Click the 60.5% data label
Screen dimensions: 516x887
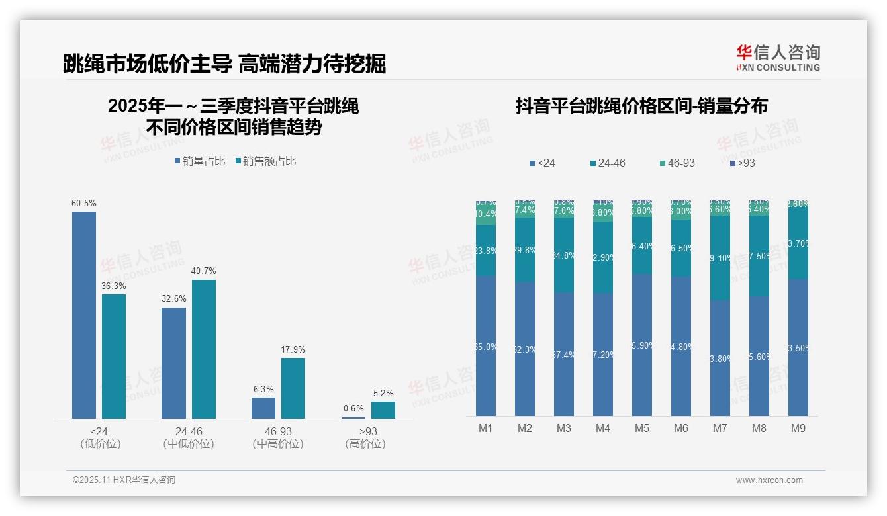(x=84, y=203)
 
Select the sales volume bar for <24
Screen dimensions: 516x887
(x=84, y=314)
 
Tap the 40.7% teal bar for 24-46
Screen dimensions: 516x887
(x=203, y=349)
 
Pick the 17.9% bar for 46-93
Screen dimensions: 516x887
(x=293, y=388)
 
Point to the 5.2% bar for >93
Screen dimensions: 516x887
(x=383, y=409)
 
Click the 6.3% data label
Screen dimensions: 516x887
(x=263, y=389)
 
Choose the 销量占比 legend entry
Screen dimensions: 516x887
(x=199, y=161)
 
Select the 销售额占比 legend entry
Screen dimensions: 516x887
(x=265, y=161)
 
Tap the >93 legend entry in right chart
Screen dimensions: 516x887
(x=741, y=163)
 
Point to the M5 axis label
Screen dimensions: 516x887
(x=641, y=428)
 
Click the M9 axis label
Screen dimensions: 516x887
(x=798, y=428)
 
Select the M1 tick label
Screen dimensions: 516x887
(x=485, y=428)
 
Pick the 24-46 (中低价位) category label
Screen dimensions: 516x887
(x=189, y=437)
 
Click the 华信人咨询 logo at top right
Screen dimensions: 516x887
(x=778, y=58)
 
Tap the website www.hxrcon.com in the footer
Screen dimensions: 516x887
(x=769, y=480)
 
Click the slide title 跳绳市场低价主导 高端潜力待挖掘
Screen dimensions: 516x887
(x=224, y=64)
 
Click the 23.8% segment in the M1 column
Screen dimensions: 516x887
(x=485, y=250)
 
